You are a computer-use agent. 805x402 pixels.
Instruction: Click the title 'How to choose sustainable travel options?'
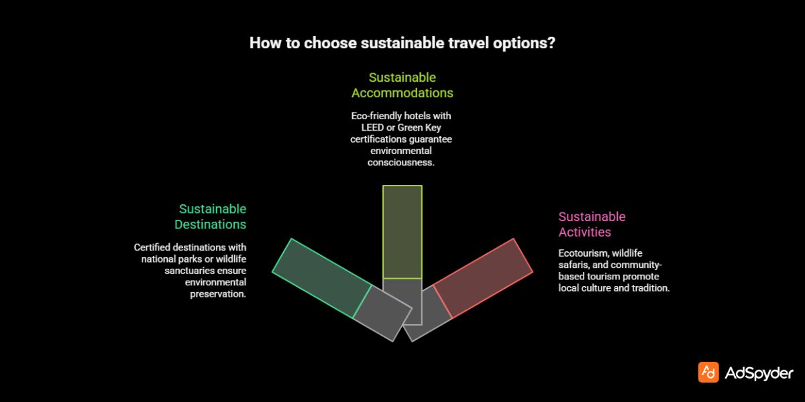coord(402,44)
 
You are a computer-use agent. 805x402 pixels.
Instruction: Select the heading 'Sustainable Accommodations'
coord(402,85)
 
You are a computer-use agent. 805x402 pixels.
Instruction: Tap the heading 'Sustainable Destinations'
coord(211,217)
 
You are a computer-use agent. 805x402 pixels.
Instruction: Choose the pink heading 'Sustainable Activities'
coord(592,224)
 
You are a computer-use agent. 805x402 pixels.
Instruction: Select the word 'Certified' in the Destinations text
coord(152,247)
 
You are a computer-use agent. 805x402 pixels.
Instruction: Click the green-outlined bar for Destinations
coord(321,277)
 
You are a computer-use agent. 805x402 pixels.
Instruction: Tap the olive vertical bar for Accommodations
coord(402,231)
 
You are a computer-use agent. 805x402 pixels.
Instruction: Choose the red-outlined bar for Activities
coord(483,277)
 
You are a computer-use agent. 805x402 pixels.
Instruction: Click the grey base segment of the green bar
coord(382,313)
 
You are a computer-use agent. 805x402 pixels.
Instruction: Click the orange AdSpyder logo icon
coord(708,373)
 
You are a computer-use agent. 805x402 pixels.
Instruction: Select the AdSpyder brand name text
coord(759,373)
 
